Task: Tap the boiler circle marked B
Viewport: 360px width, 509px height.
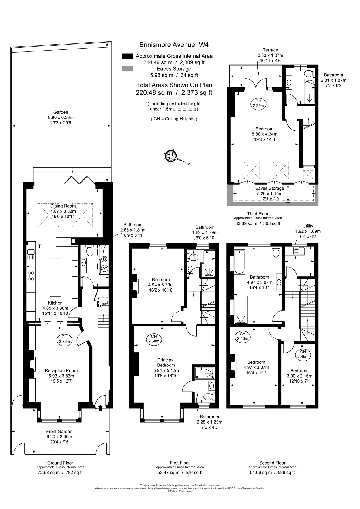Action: coord(104,259)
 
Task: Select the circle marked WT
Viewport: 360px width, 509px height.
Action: coord(104,268)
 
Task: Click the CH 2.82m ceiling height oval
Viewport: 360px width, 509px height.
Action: coord(64,339)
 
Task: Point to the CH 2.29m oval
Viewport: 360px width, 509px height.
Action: coord(258,103)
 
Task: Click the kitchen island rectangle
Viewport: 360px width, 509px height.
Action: coord(55,277)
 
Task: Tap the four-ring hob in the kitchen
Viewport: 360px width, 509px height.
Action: coord(31,276)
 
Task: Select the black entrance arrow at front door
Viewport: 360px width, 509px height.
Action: coord(100,407)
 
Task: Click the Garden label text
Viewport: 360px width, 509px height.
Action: coord(61,112)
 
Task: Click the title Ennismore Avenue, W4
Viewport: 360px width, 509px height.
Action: coord(174,45)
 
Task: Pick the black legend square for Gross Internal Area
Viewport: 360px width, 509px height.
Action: coord(127,56)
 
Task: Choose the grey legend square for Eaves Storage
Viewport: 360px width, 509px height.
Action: coord(127,69)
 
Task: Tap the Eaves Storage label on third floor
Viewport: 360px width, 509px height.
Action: coord(269,188)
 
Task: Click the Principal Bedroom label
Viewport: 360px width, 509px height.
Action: coord(166,363)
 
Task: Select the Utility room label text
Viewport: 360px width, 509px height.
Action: coord(308,226)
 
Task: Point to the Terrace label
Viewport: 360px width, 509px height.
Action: coord(270,50)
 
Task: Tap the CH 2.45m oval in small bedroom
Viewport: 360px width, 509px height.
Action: coord(303,354)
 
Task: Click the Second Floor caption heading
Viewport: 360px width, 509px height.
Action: coord(272,463)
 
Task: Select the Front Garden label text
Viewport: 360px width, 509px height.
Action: coord(59,432)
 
